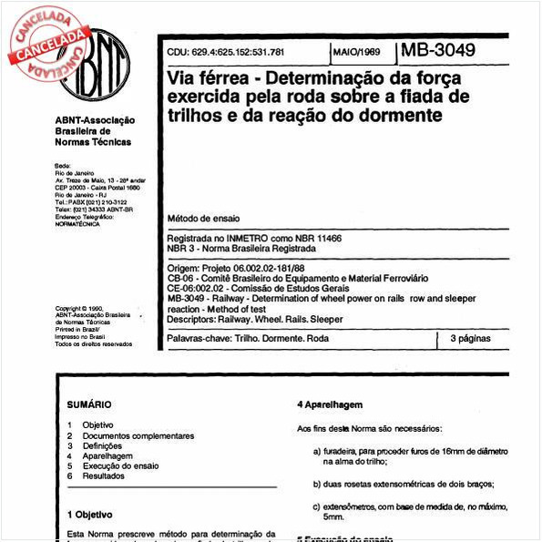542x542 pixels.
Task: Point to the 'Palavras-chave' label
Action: [x=198, y=338]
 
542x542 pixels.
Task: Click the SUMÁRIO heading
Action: [x=89, y=404]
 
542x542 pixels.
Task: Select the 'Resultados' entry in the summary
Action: [x=103, y=476]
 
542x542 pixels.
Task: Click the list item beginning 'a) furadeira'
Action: [x=409, y=452]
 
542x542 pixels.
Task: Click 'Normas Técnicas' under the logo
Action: [x=93, y=142]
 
